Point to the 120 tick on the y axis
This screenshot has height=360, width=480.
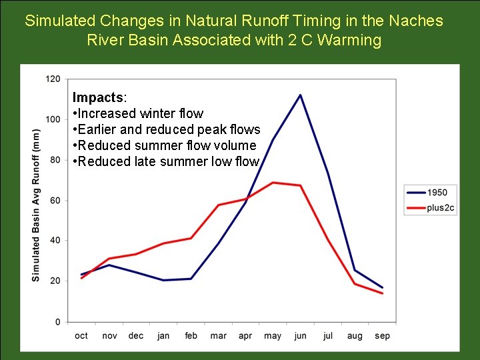tap(53, 79)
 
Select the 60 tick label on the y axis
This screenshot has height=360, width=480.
tap(55, 200)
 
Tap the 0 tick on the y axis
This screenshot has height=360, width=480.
tap(57, 322)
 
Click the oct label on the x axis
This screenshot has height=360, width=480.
tap(81, 336)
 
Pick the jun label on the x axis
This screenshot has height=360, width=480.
tap(300, 336)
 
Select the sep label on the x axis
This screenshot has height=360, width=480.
tap(382, 336)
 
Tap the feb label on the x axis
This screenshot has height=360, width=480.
tap(191, 336)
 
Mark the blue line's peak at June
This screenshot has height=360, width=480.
tap(300, 95)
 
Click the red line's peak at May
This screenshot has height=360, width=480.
tap(273, 182)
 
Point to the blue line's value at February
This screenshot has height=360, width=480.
tap(191, 279)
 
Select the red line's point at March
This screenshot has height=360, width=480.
tap(218, 205)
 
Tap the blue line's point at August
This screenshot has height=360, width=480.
tap(355, 270)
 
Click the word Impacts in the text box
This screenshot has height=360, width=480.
tap(93, 97)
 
